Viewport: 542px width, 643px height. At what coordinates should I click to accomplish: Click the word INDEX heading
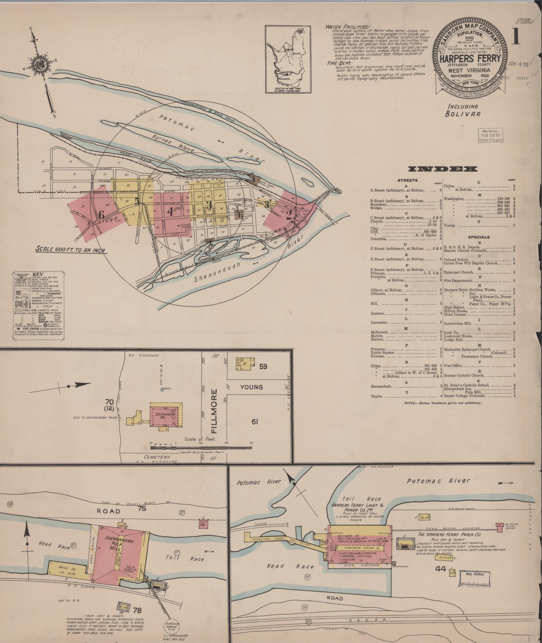[443, 169]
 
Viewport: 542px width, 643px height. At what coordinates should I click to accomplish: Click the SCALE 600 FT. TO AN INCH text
[70, 250]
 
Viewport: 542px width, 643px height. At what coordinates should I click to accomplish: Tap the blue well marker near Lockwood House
[162, 389]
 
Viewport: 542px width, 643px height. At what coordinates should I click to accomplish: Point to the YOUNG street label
[251, 387]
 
